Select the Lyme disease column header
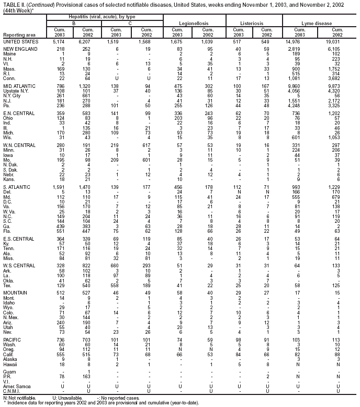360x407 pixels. coord(319,24)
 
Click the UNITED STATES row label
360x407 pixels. coord(20,41)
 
